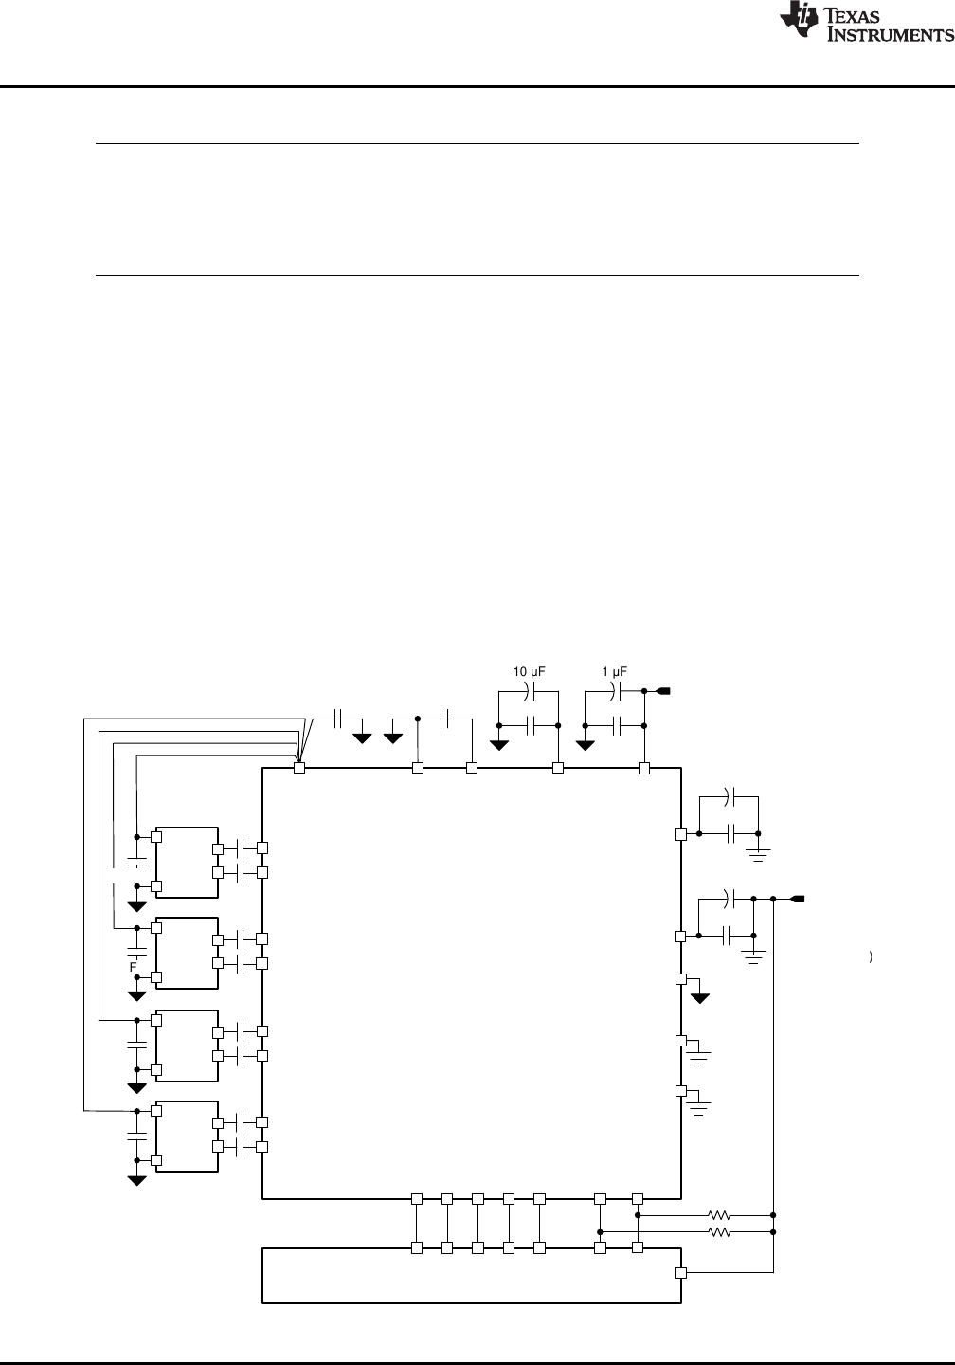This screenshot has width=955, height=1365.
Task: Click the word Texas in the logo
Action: pyautogui.click(x=853, y=16)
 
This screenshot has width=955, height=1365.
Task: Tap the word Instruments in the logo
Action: pyautogui.click(x=890, y=35)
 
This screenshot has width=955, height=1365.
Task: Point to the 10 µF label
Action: pyautogui.click(x=529, y=671)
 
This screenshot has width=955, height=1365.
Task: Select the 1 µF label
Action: pyautogui.click(x=615, y=671)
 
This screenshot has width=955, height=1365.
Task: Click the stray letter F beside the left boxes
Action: pyautogui.click(x=133, y=967)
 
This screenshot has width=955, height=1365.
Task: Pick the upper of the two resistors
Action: pyautogui.click(x=719, y=1215)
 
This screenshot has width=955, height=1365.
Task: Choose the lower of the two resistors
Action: pyautogui.click(x=719, y=1232)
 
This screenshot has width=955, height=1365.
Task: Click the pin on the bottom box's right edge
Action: pyautogui.click(x=681, y=1272)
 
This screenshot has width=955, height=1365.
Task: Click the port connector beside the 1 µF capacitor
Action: pyautogui.click(x=662, y=691)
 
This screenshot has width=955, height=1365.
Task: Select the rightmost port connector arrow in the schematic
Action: pyautogui.click(x=798, y=899)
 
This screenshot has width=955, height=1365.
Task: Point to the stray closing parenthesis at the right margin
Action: pyautogui.click(x=871, y=957)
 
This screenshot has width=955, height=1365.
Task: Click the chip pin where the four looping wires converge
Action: pyautogui.click(x=299, y=768)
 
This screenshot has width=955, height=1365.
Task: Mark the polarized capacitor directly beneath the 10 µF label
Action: pyautogui.click(x=529, y=691)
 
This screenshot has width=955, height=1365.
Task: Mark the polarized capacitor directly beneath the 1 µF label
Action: pyautogui.click(x=615, y=691)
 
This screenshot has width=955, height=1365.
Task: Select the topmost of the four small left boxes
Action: pyautogui.click(x=187, y=863)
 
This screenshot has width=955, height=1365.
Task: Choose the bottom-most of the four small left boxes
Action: pyautogui.click(x=187, y=1136)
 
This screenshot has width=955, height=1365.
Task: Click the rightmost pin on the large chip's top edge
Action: pyautogui.click(x=644, y=769)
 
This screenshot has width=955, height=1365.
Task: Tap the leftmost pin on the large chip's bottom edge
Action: pyautogui.click(x=417, y=1198)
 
